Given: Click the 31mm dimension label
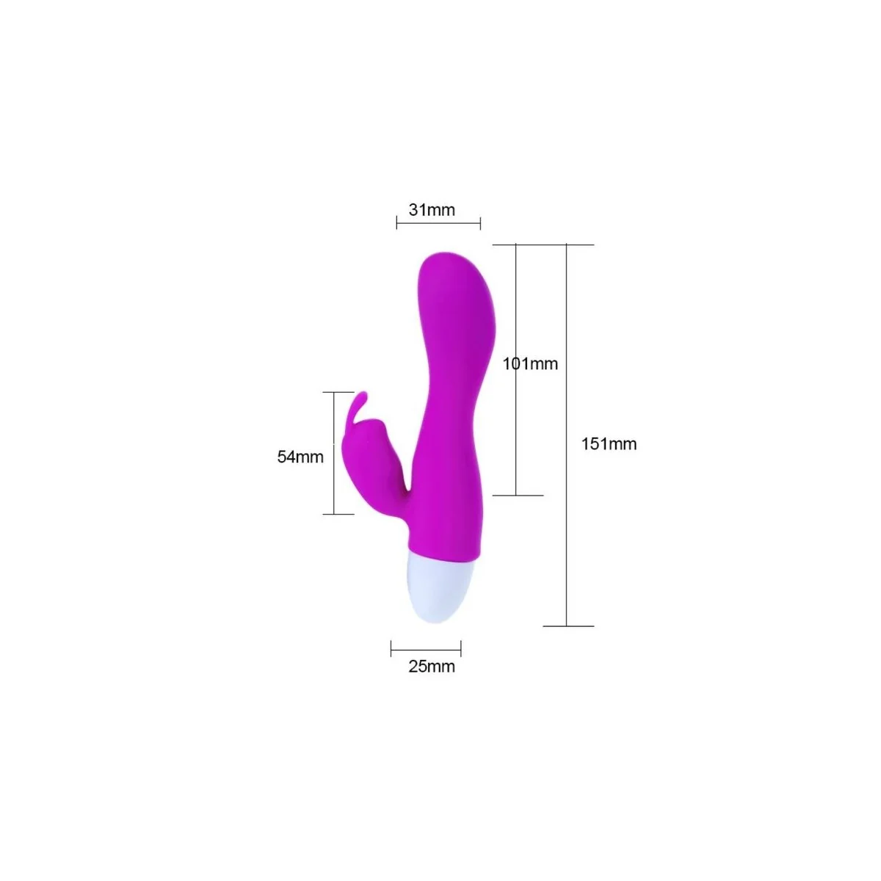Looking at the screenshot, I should coord(432,210).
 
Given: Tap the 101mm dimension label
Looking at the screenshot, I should coord(531,363).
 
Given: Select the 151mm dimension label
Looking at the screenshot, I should coord(609,444).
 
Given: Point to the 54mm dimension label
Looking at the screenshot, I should coord(300,457).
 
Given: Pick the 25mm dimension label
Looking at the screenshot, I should coord(432,667).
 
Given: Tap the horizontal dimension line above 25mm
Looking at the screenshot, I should coord(426,648).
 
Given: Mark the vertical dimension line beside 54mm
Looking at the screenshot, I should coord(335,453).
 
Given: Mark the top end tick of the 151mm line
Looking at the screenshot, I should coord(567,244).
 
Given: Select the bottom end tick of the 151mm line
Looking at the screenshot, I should coord(567,626).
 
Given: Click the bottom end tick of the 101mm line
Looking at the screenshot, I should coord(517,496).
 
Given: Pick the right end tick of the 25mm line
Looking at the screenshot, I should coord(461,648).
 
